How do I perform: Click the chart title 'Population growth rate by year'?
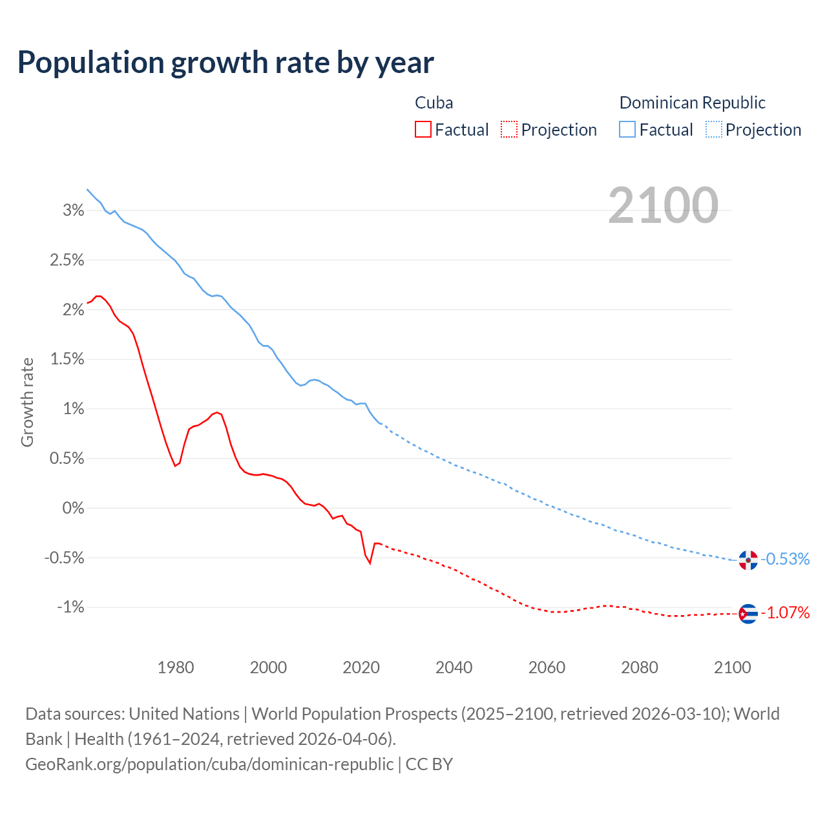(225, 63)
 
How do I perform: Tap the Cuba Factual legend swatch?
(423, 130)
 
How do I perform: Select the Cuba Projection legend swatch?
(509, 130)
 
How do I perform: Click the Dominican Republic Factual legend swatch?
(627, 130)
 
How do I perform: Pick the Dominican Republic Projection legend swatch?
(714, 130)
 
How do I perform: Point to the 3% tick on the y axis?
(74, 210)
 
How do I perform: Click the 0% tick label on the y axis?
(74, 508)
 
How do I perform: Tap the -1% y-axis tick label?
(70, 607)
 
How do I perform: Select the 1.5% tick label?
(67, 359)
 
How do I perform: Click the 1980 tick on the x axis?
(176, 667)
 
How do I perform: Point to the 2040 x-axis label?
(454, 667)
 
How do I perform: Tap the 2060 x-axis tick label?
(547, 667)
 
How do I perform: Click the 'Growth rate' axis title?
(27, 402)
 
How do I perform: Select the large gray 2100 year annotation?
(663, 205)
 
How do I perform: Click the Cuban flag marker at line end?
(748, 613)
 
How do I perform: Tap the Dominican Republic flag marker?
(748, 560)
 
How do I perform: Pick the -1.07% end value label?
(786, 613)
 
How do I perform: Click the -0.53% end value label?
(786, 560)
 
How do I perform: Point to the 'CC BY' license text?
(429, 764)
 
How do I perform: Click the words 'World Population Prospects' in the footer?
(354, 714)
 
